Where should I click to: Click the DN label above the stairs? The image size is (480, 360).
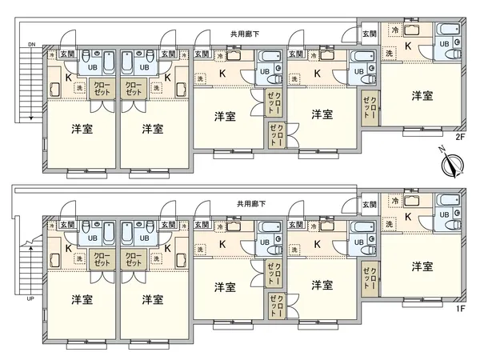(31, 43)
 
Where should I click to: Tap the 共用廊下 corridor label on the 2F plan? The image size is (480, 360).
(245, 34)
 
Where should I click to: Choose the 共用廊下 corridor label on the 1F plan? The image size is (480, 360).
(251, 204)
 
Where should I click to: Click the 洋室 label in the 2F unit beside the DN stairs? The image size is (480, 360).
(80, 128)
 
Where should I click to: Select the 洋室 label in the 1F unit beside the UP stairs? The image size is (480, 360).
(80, 299)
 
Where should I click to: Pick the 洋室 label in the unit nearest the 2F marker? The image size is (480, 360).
(422, 96)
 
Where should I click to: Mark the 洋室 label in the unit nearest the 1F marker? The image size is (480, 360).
(422, 266)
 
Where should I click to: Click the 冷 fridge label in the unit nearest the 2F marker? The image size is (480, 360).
(393, 30)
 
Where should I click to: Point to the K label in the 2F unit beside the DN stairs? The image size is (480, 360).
(67, 77)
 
